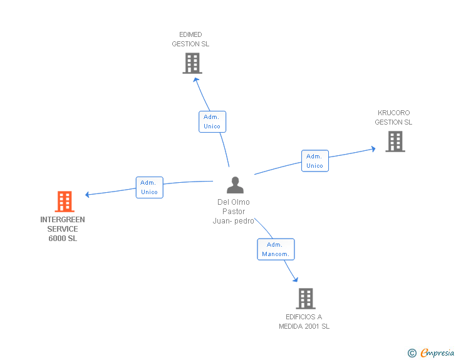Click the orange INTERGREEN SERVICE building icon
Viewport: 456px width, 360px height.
[x=65, y=202]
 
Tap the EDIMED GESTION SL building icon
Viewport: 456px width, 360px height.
[x=192, y=63]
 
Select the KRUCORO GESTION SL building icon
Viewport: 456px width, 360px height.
[x=395, y=141]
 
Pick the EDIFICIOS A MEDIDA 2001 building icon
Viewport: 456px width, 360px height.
[x=305, y=299]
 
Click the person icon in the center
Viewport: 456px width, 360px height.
[x=235, y=185]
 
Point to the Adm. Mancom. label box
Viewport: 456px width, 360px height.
[x=276, y=249]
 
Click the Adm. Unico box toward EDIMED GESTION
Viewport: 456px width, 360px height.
[x=212, y=121]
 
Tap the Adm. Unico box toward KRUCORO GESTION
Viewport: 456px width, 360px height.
[x=314, y=161]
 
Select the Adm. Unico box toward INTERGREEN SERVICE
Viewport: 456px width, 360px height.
[x=150, y=187]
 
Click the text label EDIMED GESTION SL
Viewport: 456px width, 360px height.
[x=190, y=39]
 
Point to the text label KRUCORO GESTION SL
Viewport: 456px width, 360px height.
[x=393, y=118]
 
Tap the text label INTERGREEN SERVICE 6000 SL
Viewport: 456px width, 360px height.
[x=63, y=229]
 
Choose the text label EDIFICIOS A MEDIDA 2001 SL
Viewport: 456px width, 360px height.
[x=304, y=322]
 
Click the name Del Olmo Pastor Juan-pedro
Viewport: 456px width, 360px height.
[x=234, y=212]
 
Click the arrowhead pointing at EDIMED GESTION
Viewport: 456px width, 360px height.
[x=196, y=79]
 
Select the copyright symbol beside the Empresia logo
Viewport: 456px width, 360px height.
[x=412, y=353]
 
